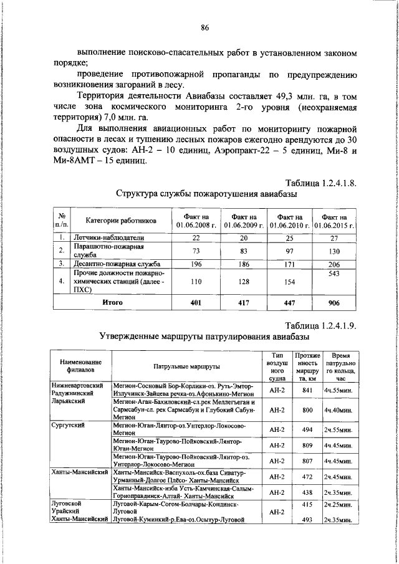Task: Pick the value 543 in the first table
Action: (x=334, y=274)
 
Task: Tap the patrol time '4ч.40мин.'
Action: (x=339, y=411)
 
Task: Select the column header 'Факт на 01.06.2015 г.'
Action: (x=334, y=221)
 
